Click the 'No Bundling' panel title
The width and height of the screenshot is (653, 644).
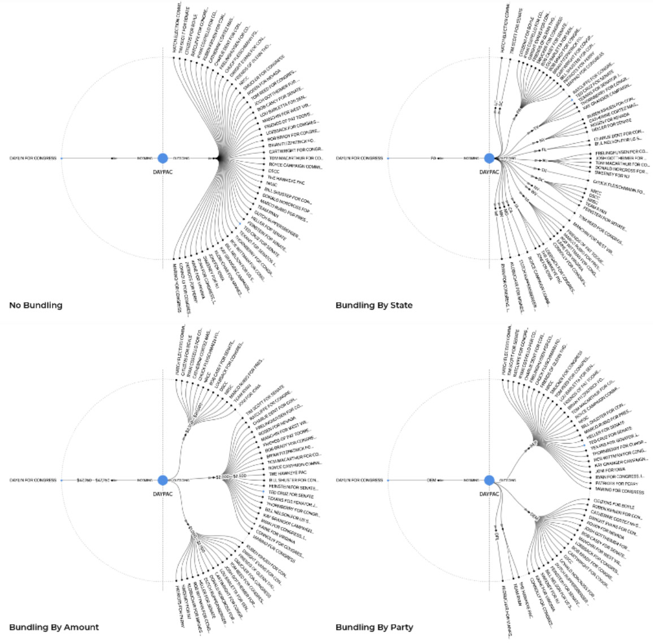click(x=36, y=306)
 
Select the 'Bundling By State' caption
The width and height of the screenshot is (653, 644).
click(x=374, y=306)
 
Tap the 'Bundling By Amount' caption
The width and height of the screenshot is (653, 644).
click(x=54, y=627)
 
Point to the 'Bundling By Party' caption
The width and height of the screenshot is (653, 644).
click(x=374, y=627)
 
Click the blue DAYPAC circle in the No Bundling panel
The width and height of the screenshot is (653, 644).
click(x=163, y=158)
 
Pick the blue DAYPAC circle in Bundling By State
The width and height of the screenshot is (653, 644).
click(x=490, y=158)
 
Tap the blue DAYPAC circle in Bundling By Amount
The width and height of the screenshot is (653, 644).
click(x=163, y=480)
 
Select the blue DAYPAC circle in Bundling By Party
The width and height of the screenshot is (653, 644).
click(x=490, y=480)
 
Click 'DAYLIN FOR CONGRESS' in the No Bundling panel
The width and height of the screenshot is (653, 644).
click(x=33, y=158)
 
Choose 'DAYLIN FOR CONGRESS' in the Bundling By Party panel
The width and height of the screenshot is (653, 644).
click(x=360, y=480)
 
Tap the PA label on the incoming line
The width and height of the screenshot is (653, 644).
click(x=433, y=158)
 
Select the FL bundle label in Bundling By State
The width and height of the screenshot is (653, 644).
click(x=544, y=150)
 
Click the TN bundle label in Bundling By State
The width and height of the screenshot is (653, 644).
click(x=544, y=170)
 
